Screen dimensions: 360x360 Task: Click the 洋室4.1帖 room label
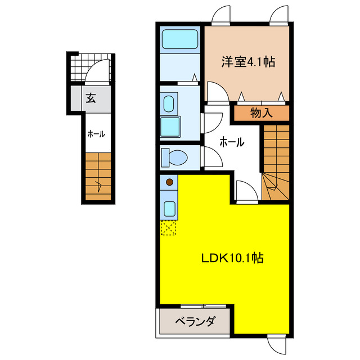(247, 62)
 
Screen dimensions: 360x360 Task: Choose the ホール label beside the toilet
(231, 142)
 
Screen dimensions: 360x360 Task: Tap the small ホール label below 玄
(95, 134)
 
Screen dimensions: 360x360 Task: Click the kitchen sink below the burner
(169, 208)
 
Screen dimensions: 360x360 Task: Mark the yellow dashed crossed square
(169, 227)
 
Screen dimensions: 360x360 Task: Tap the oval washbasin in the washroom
(168, 103)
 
